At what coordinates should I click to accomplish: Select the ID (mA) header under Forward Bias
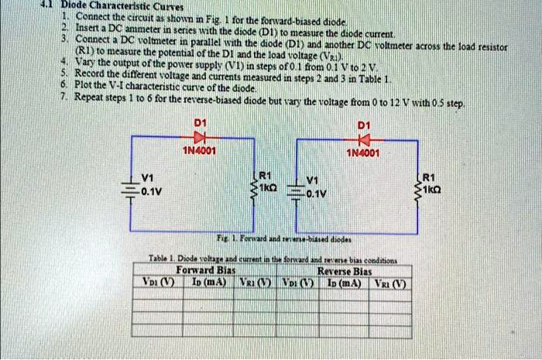[x=208, y=283]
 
